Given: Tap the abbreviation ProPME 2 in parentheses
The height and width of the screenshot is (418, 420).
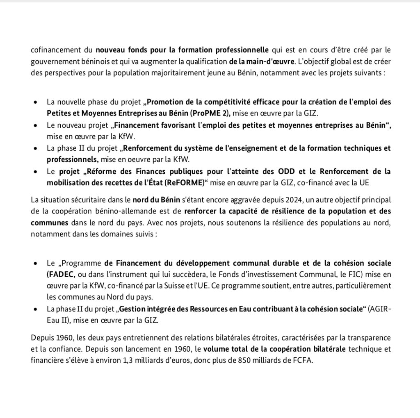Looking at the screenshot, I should pos(213,112).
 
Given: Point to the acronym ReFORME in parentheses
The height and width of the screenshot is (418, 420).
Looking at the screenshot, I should pos(185,182).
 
